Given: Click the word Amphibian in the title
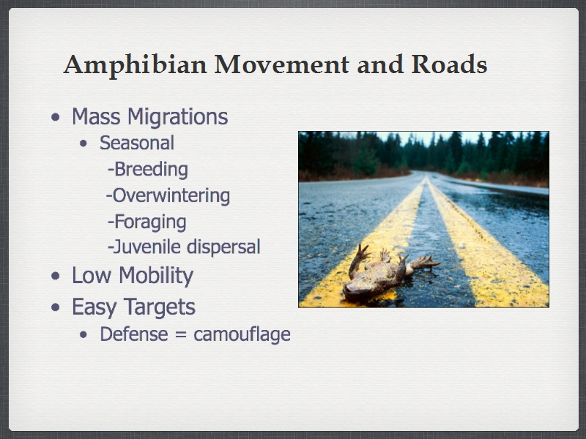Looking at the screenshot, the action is click(x=135, y=66).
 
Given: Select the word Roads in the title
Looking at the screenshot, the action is click(x=449, y=64).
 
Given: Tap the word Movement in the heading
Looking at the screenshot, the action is click(x=281, y=64).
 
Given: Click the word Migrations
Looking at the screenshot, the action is click(x=177, y=117).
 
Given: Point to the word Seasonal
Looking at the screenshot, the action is click(x=137, y=143).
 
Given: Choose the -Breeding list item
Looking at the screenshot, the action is click(x=148, y=170).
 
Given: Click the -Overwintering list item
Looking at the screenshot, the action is click(x=168, y=195).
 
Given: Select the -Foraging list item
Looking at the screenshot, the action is click(x=147, y=222).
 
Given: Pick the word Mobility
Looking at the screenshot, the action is click(x=156, y=277).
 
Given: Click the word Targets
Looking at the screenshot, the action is click(x=160, y=307).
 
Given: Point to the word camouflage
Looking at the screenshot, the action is click(x=242, y=334).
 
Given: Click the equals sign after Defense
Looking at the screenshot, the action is click(x=180, y=334).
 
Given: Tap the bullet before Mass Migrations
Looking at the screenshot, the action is click(x=56, y=117).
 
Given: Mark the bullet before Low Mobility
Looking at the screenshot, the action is click(x=56, y=276).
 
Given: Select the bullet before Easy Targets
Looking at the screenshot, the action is click(x=56, y=307).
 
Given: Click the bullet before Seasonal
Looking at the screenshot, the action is click(x=84, y=143).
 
